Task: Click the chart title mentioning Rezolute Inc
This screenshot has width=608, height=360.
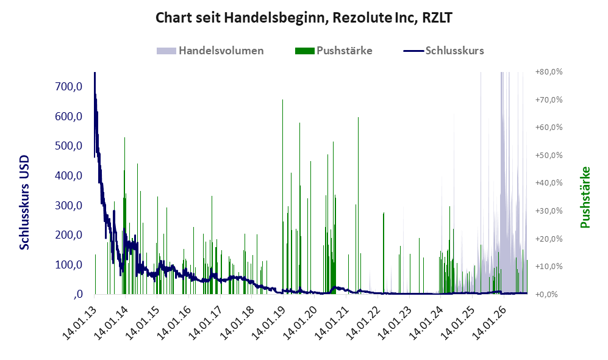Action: (x=304, y=18)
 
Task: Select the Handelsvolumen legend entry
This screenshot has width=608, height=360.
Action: (x=210, y=51)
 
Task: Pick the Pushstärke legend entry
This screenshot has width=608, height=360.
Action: (x=334, y=51)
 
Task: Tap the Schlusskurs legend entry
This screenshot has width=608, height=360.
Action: (x=443, y=51)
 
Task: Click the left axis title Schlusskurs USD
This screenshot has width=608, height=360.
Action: (x=24, y=203)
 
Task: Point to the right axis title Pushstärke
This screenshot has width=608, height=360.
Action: (x=585, y=198)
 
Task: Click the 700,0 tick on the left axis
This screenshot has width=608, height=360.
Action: (x=69, y=87)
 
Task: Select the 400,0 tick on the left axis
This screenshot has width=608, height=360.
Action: (x=69, y=176)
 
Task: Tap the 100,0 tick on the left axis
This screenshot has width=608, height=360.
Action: (x=69, y=265)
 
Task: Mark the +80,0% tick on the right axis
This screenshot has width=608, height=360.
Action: (x=549, y=72)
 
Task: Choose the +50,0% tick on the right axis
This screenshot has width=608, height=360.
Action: (x=549, y=155)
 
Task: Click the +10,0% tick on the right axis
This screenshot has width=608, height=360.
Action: (x=549, y=267)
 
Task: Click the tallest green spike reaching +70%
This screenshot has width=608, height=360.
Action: (x=283, y=196)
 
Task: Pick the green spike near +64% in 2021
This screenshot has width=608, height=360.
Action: (x=359, y=206)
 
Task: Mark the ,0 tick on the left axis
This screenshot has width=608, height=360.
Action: (x=77, y=294)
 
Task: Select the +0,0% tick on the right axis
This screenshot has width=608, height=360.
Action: (x=547, y=295)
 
